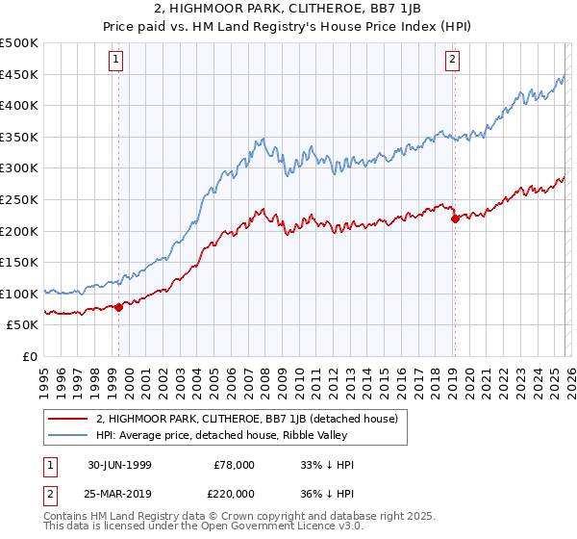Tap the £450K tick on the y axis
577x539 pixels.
[19, 74]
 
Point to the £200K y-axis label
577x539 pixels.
[19, 231]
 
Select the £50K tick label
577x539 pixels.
[23, 325]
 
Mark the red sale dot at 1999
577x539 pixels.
[119, 307]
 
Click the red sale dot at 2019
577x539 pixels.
[454, 218]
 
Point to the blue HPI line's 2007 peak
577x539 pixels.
[262, 141]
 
